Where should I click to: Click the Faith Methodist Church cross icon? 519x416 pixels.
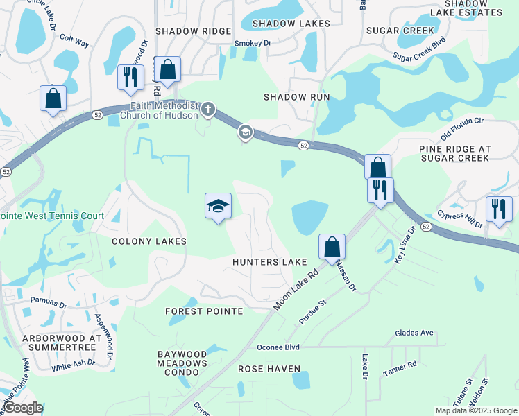tap(207, 110)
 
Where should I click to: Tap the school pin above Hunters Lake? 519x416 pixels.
tap(218, 207)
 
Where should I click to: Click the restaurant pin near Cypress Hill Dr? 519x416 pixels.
tap(498, 209)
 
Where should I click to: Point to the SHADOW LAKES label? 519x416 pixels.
tap(282, 24)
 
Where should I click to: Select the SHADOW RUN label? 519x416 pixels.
tap(296, 97)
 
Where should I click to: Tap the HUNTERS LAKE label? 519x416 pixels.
tap(269, 262)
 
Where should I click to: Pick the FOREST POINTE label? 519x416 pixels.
tap(204, 311)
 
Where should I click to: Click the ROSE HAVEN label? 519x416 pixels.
tap(269, 369)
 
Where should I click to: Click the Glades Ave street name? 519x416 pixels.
tap(414, 333)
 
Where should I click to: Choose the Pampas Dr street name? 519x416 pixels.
tap(49, 302)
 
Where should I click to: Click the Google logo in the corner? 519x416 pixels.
tap(23, 408)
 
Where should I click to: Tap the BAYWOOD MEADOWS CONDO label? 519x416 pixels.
tap(182, 363)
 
